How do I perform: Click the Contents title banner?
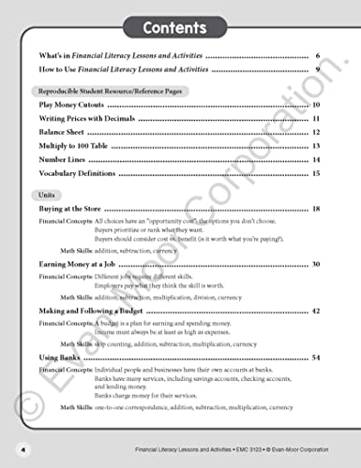[x=180, y=25]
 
